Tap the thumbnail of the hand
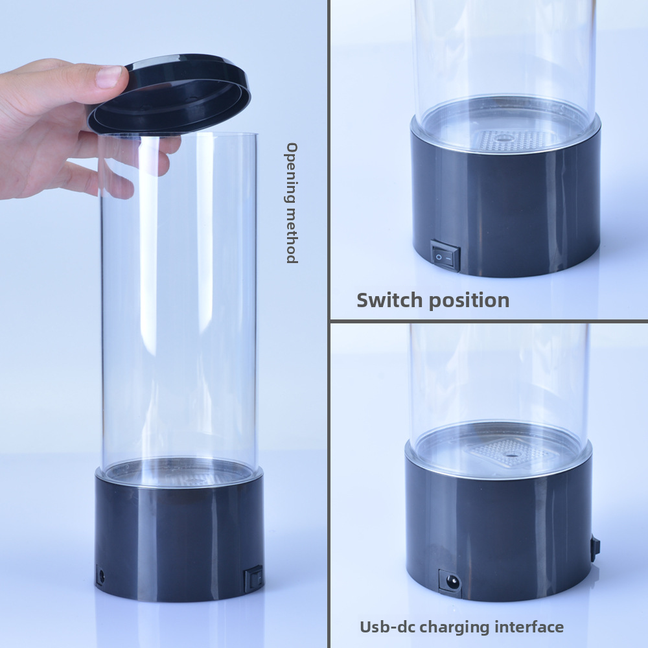(108, 76)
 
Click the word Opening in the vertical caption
(292, 173)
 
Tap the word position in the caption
(469, 301)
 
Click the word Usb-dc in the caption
(386, 627)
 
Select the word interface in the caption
(529, 627)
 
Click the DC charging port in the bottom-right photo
(450, 583)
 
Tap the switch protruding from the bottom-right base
(595, 548)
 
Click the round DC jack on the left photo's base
(100, 575)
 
